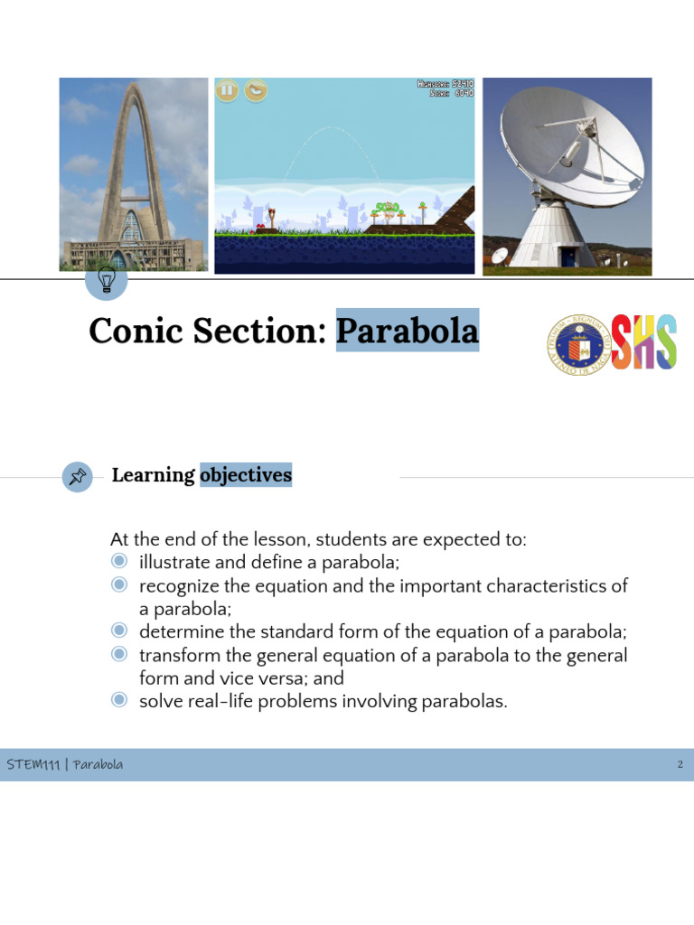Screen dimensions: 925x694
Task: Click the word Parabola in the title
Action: [x=407, y=331]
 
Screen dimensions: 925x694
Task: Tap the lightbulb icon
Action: [x=107, y=281]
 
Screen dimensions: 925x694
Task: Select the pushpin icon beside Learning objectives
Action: [x=78, y=476]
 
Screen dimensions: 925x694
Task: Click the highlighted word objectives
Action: [x=246, y=475]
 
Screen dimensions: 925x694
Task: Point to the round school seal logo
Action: [x=578, y=344]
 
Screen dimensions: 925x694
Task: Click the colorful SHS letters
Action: [x=644, y=342]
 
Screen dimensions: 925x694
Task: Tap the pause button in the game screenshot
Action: [x=227, y=89]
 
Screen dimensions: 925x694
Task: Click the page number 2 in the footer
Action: [x=680, y=765]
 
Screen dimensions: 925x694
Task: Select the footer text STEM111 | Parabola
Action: [x=65, y=765]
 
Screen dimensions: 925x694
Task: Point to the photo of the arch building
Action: [x=133, y=173]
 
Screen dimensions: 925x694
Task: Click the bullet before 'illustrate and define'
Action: [x=118, y=562]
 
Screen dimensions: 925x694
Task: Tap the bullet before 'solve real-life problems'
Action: [x=118, y=700]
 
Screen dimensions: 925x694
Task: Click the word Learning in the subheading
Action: [x=153, y=475]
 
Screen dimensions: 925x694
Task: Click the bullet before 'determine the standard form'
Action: [x=118, y=631]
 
